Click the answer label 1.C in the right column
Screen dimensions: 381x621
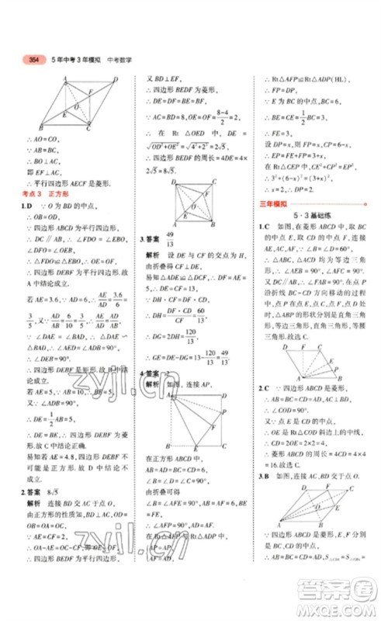pos(264,227)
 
